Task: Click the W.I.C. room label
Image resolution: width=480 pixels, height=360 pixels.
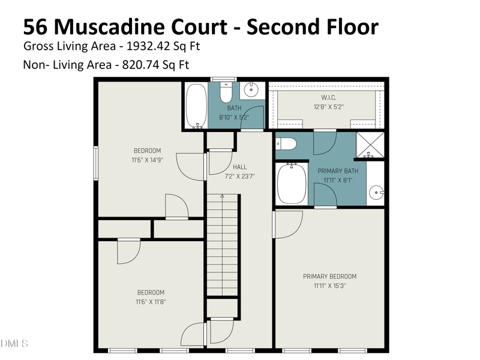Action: [328, 98]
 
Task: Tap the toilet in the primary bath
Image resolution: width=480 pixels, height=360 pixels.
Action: [286, 144]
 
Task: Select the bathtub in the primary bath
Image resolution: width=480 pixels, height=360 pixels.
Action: [292, 184]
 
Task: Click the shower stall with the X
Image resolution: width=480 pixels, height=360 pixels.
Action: [370, 145]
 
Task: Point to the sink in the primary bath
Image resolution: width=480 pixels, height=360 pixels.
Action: [376, 193]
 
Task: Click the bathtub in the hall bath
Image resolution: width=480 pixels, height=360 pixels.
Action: [197, 106]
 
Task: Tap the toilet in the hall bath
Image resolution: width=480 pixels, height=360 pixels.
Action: [226, 92]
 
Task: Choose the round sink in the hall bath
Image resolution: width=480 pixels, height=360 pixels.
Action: [251, 89]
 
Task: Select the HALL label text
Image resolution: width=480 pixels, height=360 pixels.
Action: [239, 167]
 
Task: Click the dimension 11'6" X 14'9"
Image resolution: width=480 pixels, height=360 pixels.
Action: [147, 160]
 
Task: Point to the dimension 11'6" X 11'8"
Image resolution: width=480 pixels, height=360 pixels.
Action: [151, 302]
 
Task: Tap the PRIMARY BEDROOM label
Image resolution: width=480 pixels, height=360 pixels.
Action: [329, 277]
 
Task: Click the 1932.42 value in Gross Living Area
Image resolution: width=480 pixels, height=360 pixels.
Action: [148, 46]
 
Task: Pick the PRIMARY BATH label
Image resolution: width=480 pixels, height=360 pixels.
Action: [338, 171]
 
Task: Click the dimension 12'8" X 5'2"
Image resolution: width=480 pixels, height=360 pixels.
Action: [329, 107]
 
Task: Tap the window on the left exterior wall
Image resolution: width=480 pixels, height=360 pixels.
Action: [96, 163]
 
